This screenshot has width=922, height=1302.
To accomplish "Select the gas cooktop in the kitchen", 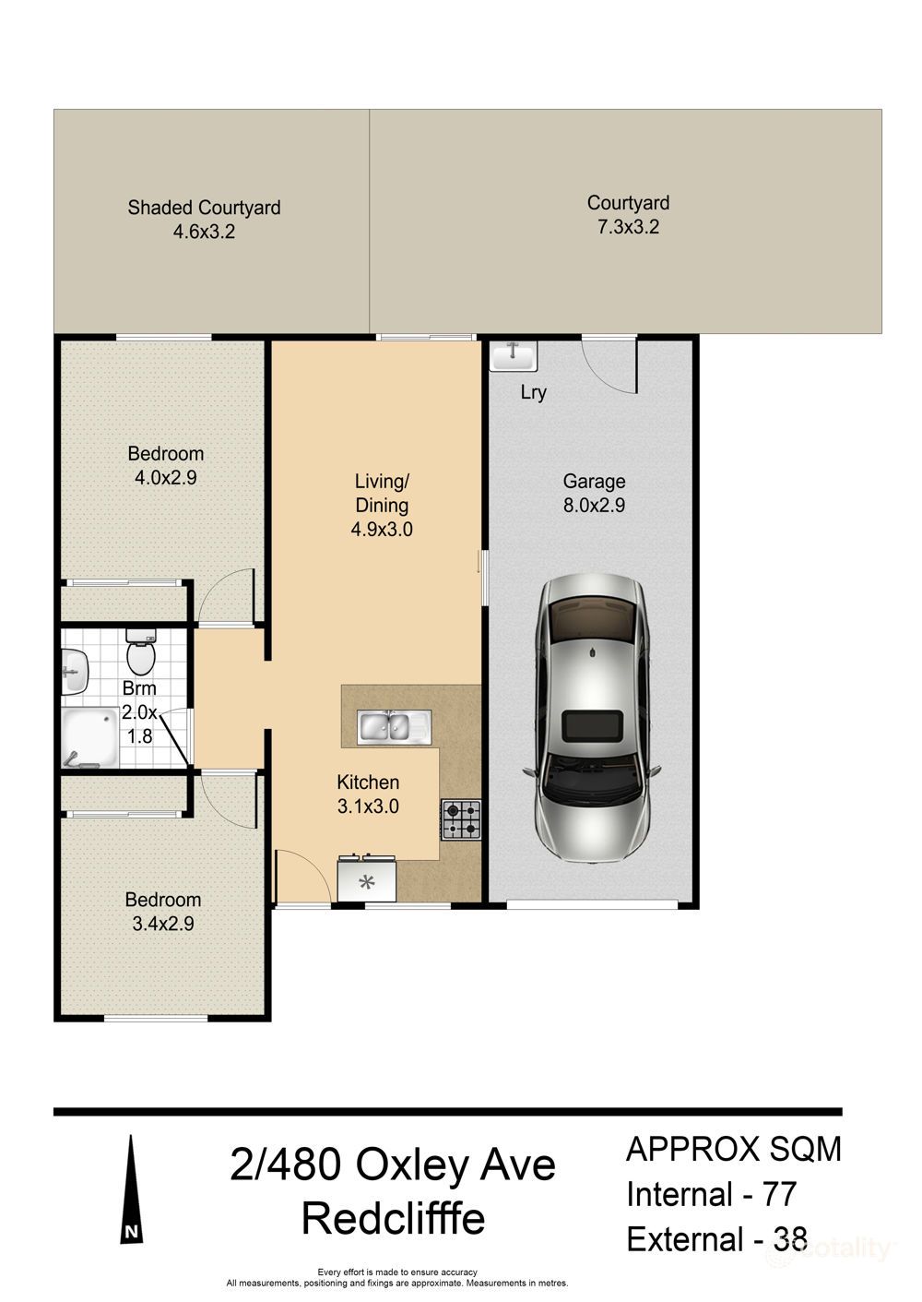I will (x=461, y=819).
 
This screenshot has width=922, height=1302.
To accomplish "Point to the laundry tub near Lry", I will (x=513, y=355).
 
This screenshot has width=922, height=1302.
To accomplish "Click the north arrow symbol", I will (x=132, y=1190).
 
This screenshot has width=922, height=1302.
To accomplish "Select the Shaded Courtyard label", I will (x=204, y=208).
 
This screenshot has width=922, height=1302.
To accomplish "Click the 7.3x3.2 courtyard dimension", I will (x=628, y=227).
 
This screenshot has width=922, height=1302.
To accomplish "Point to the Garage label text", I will (x=594, y=481).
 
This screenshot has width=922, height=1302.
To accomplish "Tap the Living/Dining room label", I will (x=382, y=493).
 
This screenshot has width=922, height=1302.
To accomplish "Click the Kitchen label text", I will (x=368, y=782).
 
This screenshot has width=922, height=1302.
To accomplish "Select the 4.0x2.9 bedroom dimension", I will (x=166, y=478).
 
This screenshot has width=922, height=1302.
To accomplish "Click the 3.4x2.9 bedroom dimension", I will (x=163, y=924).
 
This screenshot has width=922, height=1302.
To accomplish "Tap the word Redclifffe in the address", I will (x=393, y=1219).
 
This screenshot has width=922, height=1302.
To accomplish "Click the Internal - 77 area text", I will (x=711, y=1194).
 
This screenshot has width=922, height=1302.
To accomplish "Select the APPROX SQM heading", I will (x=734, y=1149).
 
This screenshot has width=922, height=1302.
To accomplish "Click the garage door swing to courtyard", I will (x=610, y=366).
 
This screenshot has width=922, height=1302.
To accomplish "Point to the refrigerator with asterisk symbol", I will (x=367, y=880).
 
